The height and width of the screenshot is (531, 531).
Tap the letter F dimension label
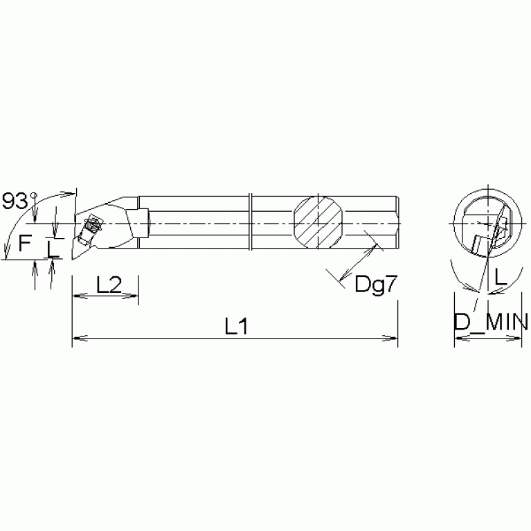coord(25,243)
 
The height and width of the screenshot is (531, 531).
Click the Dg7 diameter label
coord(376,285)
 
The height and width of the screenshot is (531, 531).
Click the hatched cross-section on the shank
coord(317,222)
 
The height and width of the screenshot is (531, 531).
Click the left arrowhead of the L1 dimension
coord(77,339)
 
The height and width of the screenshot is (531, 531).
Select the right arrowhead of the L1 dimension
coord(393,339)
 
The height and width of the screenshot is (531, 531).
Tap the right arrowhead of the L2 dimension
coord(134,296)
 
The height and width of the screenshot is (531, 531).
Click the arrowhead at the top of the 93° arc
coord(69,194)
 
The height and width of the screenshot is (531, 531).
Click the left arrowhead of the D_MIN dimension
coord(458,339)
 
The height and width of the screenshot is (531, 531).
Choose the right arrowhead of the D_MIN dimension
coord(517,339)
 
